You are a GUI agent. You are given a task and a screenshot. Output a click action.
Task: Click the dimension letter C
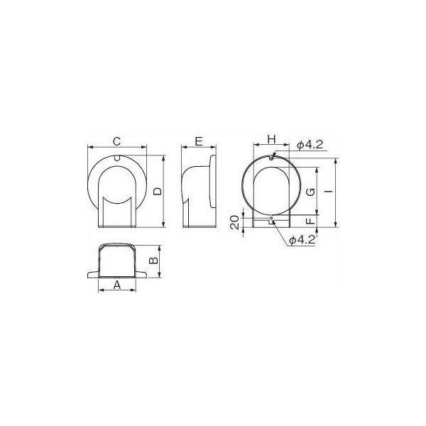pos(116,140)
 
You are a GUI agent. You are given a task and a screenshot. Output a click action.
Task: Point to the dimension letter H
pos(271,138)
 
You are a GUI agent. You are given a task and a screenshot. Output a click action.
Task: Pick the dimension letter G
pos(310,192)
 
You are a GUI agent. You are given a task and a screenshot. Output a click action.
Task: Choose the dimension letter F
pos(310,222)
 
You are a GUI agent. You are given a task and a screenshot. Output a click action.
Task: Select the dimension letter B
pos(151,261)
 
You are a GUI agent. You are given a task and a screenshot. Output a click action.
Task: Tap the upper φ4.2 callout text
pos(310,145)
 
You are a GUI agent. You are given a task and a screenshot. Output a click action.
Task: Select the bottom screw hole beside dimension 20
pos(272,219)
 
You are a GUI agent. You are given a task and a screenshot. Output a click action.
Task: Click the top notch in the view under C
pos(116,158)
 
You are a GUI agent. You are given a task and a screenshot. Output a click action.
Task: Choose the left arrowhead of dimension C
pos(89,148)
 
